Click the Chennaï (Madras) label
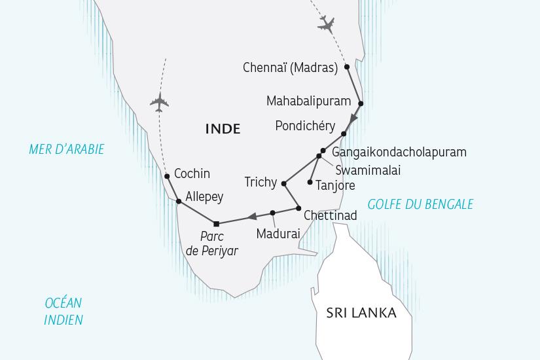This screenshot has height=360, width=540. [x=290, y=67]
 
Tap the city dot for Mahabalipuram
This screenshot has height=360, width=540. [x=361, y=103]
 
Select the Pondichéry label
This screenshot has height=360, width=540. [x=305, y=126]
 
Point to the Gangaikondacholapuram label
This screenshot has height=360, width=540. [x=399, y=152]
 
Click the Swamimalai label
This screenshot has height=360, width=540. [x=367, y=170]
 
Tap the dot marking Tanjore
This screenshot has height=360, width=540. [x=310, y=182]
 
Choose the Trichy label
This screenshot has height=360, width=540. [x=260, y=182]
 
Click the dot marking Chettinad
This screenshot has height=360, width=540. [x=298, y=209]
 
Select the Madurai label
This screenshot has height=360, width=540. [x=278, y=233]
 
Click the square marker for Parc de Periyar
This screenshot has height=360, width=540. [x=217, y=224]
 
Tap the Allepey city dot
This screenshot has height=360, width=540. [x=179, y=202]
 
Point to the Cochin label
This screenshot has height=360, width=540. [x=192, y=173]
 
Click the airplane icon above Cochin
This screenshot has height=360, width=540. [x=159, y=102]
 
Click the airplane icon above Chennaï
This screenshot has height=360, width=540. [x=325, y=25]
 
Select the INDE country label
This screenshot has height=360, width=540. [x=223, y=129]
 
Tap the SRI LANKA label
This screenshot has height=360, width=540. [x=361, y=313]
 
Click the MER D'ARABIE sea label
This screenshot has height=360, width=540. [x=67, y=150]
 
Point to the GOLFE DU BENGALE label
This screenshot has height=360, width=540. [x=420, y=204]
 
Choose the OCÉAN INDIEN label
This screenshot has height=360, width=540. [x=63, y=311]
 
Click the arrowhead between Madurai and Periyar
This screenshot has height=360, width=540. [x=251, y=217]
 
